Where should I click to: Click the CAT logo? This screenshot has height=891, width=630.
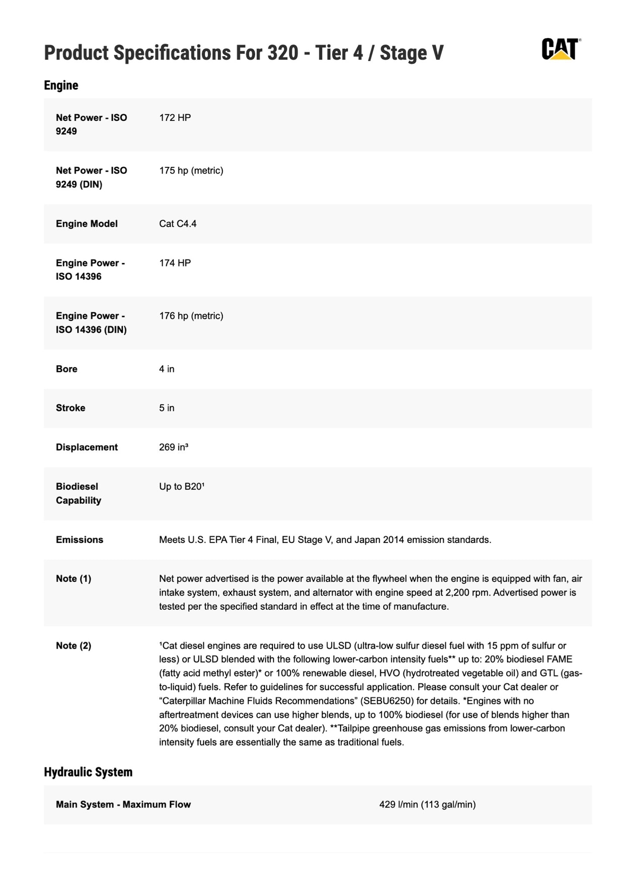tap(560, 49)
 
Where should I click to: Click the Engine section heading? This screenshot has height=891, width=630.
tap(61, 85)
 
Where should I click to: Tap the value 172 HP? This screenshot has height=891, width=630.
tap(175, 118)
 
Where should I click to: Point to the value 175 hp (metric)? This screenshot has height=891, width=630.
tap(191, 171)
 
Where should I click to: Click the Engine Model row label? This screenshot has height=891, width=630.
tap(87, 224)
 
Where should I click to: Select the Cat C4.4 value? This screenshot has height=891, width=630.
tap(177, 224)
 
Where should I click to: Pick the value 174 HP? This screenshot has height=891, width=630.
tap(175, 263)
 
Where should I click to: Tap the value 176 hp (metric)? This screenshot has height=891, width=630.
tap(191, 316)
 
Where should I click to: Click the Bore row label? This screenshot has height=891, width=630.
tap(67, 369)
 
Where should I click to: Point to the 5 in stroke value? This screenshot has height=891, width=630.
tap(167, 408)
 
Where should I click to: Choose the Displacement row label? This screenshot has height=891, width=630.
tap(87, 447)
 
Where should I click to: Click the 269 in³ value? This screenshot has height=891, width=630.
tap(174, 447)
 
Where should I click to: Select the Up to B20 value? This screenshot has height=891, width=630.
tap(182, 487)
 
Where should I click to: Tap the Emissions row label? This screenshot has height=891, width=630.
tap(79, 539)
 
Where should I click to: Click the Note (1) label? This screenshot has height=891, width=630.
tap(73, 579)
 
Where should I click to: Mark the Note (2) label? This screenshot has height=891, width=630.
tap(73, 645)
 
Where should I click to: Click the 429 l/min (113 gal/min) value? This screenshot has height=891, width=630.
tap(427, 804)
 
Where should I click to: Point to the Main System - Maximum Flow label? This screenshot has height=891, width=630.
tap(123, 804)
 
